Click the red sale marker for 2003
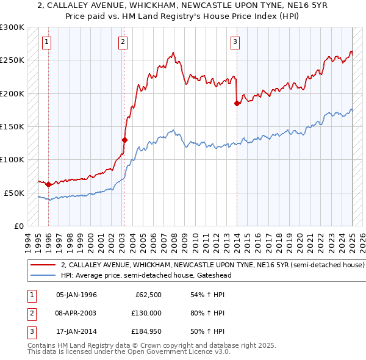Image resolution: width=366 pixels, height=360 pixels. pyautogui.click(x=124, y=140)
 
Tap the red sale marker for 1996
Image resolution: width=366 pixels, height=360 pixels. pyautogui.click(x=48, y=184)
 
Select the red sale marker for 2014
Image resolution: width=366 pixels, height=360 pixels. pyautogui.click(x=237, y=104)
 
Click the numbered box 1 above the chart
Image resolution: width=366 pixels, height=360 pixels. pyautogui.click(x=47, y=42)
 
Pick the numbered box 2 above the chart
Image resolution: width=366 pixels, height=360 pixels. pyautogui.click(x=123, y=42)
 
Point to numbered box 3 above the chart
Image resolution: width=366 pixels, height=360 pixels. pyautogui.click(x=235, y=42)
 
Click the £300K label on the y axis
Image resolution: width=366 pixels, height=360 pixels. pyautogui.click(x=12, y=27)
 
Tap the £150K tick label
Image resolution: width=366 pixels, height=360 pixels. pyautogui.click(x=12, y=126)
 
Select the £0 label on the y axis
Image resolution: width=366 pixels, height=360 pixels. pyautogui.click(x=18, y=226)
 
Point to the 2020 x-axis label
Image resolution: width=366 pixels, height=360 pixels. pyautogui.click(x=299, y=239)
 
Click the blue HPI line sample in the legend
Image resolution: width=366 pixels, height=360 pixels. pyautogui.click(x=43, y=275)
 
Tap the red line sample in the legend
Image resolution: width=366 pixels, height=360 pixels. pyautogui.click(x=43, y=265)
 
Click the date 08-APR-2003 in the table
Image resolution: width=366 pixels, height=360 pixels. pyautogui.click(x=76, y=313)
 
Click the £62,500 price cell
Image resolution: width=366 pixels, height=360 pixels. pyautogui.click(x=148, y=295)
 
